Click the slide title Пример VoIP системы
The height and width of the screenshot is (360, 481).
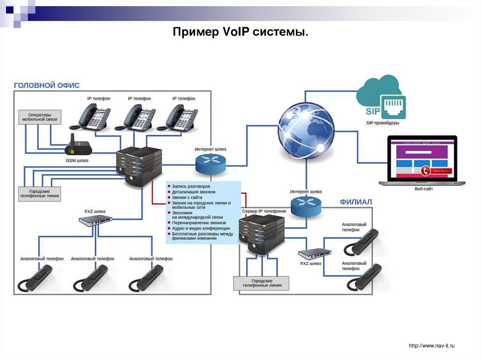coord(240,33)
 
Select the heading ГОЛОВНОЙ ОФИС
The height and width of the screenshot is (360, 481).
coord(47,85)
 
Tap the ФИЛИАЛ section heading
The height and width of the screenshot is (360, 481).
coord(356,202)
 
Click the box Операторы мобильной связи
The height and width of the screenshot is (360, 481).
coord(39,117)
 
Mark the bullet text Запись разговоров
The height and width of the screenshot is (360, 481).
coord(191,186)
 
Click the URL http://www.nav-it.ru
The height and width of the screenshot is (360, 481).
coord(432,346)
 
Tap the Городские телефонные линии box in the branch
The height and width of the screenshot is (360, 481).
coord(262,283)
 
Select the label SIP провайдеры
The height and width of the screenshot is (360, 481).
coord(382,123)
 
